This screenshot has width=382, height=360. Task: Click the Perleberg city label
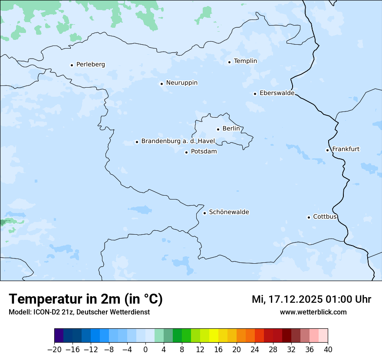click(90, 65)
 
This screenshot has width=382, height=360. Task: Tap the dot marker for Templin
click(229, 62)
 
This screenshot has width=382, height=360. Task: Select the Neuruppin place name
click(181, 83)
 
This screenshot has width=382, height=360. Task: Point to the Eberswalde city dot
click(255, 94)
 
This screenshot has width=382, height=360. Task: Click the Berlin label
click(231, 129)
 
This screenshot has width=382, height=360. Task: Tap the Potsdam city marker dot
click(186, 152)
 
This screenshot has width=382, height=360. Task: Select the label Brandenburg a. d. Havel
click(178, 141)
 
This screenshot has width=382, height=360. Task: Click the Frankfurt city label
click(346, 149)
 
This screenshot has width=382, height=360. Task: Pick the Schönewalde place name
click(229, 212)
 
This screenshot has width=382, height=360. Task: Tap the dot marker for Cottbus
click(309, 217)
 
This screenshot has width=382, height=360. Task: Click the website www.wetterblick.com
click(313, 312)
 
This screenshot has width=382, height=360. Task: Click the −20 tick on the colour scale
click(55, 350)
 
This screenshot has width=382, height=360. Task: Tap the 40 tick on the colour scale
click(328, 350)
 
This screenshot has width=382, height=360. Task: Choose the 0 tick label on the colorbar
click(145, 350)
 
